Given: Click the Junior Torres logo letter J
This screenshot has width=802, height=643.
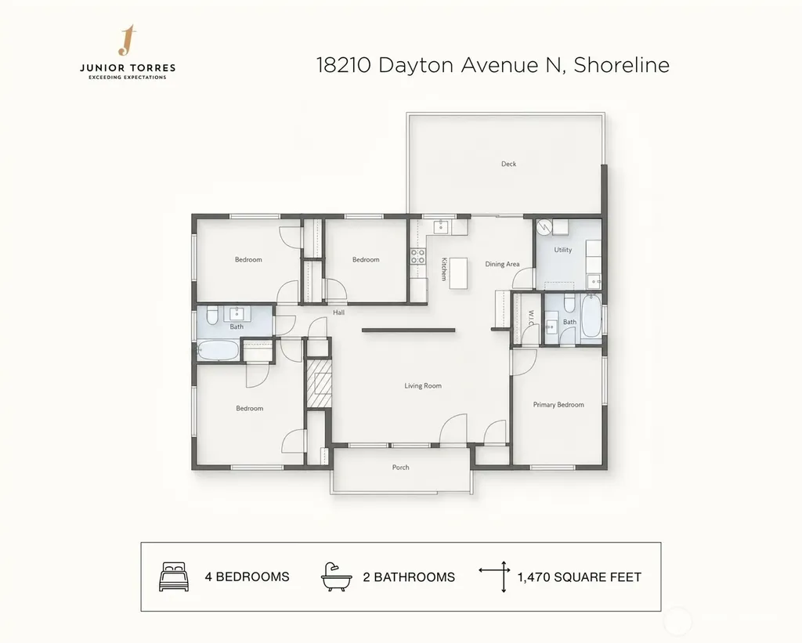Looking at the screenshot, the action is (x=128, y=40).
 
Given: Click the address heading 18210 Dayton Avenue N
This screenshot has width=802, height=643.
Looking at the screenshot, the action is (x=441, y=65).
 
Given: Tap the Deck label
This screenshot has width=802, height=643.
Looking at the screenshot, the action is (x=508, y=164).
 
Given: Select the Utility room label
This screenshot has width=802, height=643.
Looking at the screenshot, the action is (x=562, y=250).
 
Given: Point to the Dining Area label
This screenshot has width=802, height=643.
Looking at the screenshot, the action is (x=502, y=264).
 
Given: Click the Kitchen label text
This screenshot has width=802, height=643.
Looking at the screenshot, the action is (x=444, y=269).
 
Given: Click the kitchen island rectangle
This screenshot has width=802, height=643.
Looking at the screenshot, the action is (x=459, y=273).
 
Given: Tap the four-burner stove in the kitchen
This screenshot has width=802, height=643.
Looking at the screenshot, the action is (x=418, y=256).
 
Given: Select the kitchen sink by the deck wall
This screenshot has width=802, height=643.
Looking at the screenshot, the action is (x=441, y=226).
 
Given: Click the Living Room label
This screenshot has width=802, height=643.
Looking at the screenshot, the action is (x=422, y=385).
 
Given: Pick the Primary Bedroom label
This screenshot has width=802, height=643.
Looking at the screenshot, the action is (x=558, y=405).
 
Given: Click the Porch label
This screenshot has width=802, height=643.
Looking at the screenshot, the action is (x=400, y=467).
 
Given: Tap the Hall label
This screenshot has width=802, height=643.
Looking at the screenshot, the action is (x=338, y=312).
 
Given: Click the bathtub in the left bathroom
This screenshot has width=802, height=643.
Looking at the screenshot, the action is (x=218, y=350).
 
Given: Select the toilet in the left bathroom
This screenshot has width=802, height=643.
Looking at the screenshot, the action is (x=212, y=315).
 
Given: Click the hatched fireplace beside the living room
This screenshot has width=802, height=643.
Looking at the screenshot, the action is (x=320, y=383).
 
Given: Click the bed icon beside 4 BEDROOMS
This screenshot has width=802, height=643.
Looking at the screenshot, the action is (x=174, y=576).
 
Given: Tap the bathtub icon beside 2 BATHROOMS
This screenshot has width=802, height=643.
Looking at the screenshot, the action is (x=336, y=577).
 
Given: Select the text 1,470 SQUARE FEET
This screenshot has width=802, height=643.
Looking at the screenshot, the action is (x=579, y=577).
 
